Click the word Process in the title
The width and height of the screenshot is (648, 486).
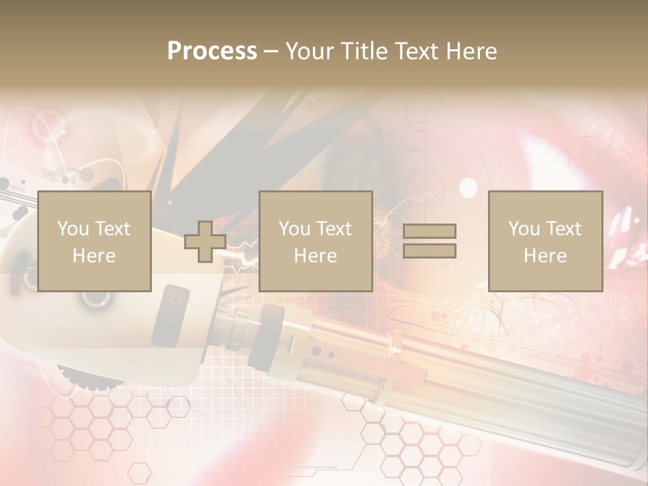[x=212, y=51]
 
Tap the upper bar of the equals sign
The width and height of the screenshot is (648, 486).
[x=429, y=231]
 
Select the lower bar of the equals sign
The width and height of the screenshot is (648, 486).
[x=429, y=251]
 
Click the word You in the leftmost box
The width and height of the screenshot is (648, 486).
[x=73, y=229]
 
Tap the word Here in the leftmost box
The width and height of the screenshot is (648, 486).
[x=94, y=256]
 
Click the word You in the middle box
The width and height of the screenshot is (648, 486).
[x=294, y=229]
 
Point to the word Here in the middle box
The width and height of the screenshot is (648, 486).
[x=315, y=256]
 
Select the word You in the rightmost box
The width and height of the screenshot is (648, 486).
[x=524, y=229]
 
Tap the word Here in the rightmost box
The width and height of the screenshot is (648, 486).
[x=545, y=256]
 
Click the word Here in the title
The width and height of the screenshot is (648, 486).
[x=470, y=51]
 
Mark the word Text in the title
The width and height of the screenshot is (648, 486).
[x=417, y=51]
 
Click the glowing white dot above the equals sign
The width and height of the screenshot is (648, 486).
[x=468, y=187]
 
